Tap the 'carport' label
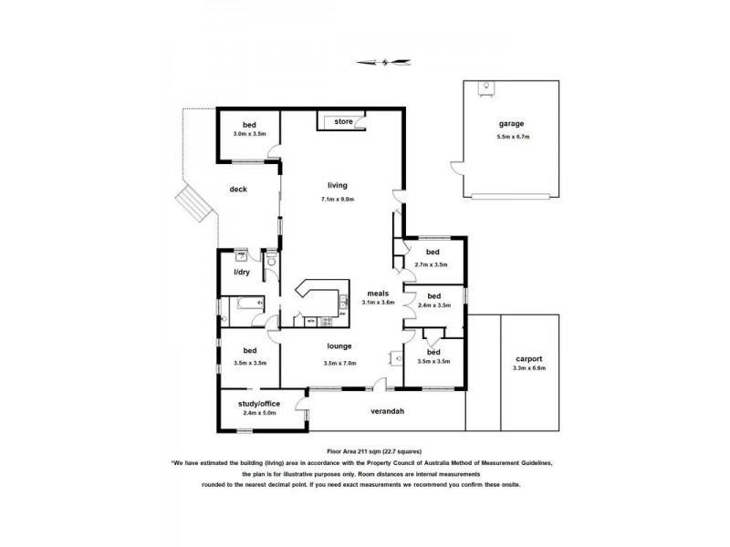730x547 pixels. point(528,358)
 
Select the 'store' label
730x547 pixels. point(343,121)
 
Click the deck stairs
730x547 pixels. point(194,204)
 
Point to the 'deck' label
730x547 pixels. point(238,190)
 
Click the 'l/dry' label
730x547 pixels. point(241,272)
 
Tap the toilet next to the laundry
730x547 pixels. point(271,262)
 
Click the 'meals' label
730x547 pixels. point(378,293)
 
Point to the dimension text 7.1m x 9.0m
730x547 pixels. point(338,199)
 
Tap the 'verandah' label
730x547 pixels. point(387,411)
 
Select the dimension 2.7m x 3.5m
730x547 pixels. point(432,264)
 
